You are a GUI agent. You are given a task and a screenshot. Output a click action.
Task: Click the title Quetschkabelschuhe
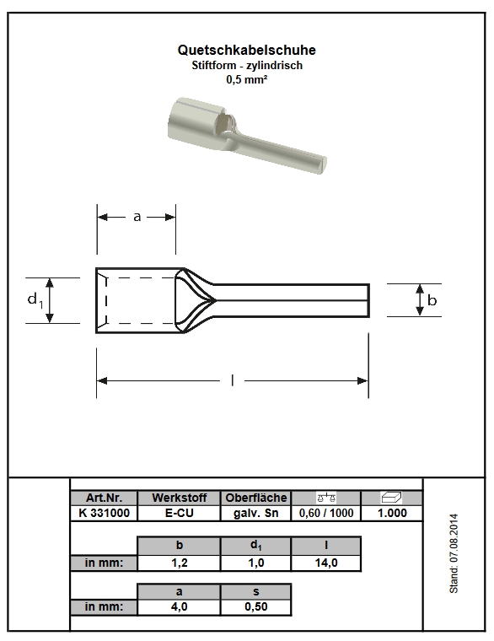pos(246,51)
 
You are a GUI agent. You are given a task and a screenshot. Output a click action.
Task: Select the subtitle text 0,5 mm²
pos(246,79)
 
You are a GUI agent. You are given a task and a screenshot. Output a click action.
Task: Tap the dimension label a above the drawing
pos(137,217)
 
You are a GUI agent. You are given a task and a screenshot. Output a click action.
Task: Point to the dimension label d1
pos(35,300)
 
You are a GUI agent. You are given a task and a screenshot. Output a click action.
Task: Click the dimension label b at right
pos(432,300)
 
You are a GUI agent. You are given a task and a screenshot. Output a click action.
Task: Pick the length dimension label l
pos(232,380)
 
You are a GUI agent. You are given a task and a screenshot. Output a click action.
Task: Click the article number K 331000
pos(104,513)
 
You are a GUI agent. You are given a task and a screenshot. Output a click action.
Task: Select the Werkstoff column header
pos(179,498)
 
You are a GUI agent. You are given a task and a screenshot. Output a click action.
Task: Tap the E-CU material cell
pos(179,513)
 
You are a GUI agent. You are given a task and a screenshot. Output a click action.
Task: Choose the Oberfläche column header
pos(255,498)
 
